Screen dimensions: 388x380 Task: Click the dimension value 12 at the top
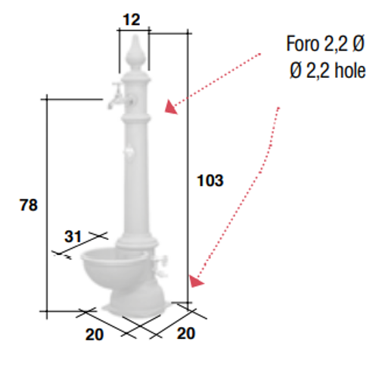click(x=131, y=20)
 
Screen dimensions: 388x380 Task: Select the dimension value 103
click(x=210, y=181)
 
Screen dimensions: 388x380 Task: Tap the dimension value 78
click(x=29, y=204)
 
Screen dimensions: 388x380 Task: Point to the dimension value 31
click(x=73, y=237)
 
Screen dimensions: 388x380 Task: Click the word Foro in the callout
click(x=303, y=44)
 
